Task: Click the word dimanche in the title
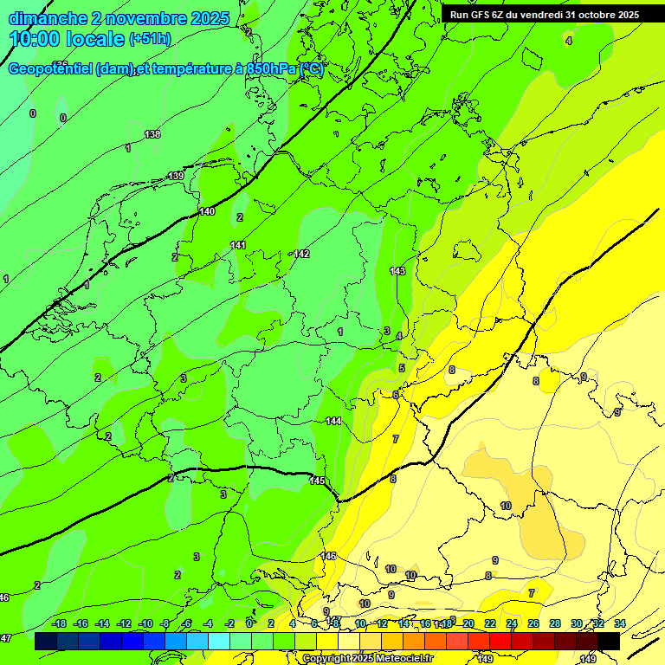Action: tap(48, 18)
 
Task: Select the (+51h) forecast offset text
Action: tap(150, 39)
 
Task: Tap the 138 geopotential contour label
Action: tap(152, 134)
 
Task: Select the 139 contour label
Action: tap(176, 176)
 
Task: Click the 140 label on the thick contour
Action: tap(207, 211)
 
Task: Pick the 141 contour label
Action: tap(238, 245)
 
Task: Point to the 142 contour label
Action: tap(301, 254)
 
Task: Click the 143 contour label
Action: tap(397, 271)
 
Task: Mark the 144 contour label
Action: tap(333, 421)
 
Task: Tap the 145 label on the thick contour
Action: tap(317, 481)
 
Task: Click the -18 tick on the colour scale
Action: tap(59, 623)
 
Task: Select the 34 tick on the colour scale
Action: tap(619, 623)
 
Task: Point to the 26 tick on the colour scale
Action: tap(533, 623)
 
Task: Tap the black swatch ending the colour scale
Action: tap(609, 641)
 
